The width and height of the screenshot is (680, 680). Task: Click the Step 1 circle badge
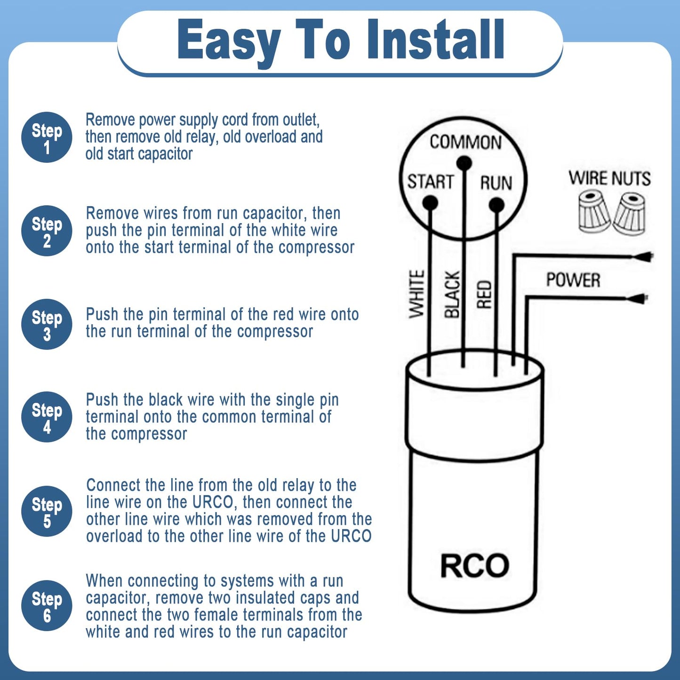47,137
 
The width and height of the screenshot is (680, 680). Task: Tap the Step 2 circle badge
47,231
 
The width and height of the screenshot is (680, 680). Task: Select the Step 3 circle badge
47,324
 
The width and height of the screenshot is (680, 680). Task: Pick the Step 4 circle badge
47,417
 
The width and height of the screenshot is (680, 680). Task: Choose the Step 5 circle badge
47,511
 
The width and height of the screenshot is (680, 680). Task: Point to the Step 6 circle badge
47,605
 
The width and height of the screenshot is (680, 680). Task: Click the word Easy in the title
229,41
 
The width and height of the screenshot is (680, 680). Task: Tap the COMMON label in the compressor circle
465,142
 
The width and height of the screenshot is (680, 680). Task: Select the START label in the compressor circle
430,182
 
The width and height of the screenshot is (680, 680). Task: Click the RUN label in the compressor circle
496,183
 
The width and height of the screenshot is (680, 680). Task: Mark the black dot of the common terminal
464,163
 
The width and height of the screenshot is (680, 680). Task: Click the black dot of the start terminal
430,203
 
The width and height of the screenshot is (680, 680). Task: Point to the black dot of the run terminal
496,205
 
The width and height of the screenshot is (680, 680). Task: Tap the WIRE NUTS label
609,178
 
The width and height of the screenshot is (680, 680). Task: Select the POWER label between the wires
573,280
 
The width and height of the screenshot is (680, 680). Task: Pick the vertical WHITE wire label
416,294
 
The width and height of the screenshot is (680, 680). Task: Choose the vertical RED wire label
484,295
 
